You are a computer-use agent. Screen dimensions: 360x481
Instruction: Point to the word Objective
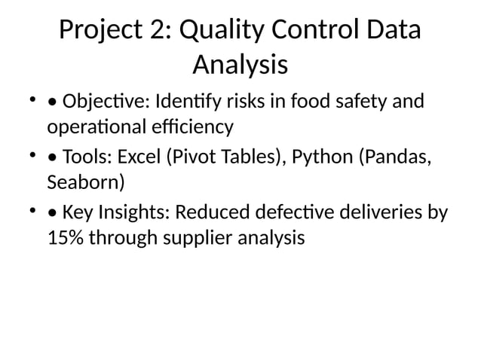(x=100, y=101)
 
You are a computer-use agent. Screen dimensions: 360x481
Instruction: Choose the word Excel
(x=139, y=158)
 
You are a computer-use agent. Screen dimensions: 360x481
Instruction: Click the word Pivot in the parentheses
(x=188, y=158)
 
